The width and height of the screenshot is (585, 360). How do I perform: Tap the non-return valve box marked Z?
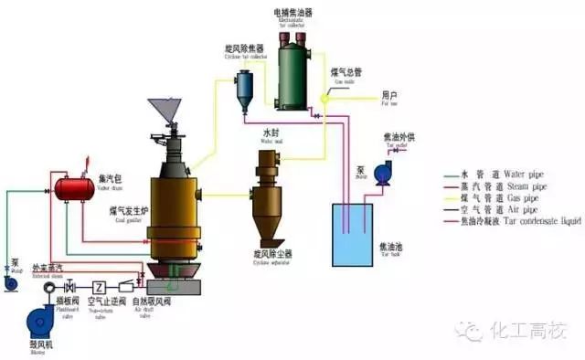coord(100,286)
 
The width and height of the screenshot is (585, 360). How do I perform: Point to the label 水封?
coord(273,132)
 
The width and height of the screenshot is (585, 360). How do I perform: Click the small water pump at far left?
coord(12,281)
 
